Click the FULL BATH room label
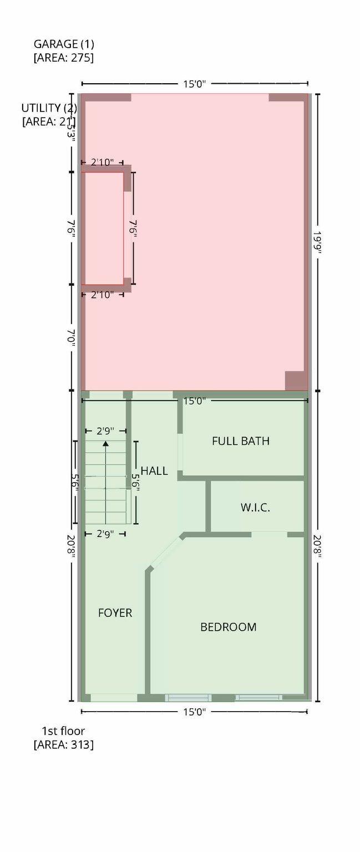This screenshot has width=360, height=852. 241,441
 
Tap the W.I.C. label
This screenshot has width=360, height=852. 255,507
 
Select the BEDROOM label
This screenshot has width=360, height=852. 228,627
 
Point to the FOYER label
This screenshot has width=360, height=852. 115,613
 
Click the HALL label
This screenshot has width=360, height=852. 154,471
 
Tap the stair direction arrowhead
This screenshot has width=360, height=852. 105,443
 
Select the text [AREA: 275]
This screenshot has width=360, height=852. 63,57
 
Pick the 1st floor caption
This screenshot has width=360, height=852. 63,731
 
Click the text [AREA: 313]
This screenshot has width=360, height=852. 63,744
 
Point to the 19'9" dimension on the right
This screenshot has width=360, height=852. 317,242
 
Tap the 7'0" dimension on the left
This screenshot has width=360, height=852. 71,337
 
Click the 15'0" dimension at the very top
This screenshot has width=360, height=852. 195,84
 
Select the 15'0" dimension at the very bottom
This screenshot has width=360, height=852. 195,712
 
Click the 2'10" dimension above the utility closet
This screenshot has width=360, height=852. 102,162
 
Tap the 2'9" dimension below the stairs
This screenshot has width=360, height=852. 105,534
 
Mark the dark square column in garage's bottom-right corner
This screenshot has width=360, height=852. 295,381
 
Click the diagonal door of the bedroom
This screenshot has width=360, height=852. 165,551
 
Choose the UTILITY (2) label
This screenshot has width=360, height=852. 49,108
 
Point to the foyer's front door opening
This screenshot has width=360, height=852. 114,697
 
